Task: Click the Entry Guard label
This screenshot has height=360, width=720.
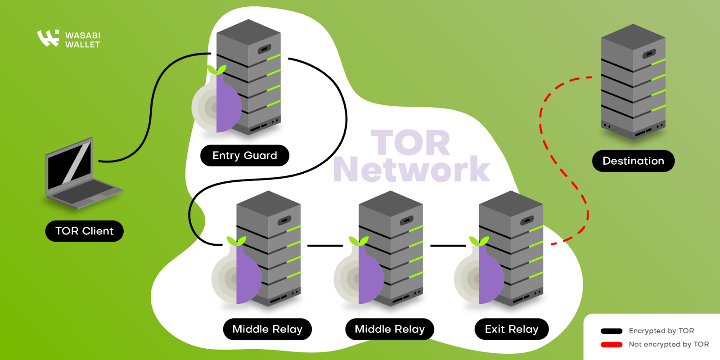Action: click(244, 156)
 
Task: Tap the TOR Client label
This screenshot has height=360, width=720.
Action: click(84, 231)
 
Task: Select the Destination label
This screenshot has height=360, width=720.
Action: click(633, 161)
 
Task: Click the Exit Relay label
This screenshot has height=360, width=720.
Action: click(511, 329)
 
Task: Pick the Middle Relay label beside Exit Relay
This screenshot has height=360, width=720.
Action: click(389, 329)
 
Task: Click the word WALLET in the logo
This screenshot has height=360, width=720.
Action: click(82, 45)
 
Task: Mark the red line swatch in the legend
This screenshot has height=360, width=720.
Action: click(612, 345)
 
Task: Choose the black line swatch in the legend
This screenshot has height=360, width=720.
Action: click(612, 331)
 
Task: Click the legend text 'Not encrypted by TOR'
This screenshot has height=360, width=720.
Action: click(669, 345)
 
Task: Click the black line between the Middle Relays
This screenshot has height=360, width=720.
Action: click(325, 246)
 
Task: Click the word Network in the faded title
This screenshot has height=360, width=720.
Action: click(411, 170)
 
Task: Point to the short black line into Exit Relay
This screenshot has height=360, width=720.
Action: click(448, 246)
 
